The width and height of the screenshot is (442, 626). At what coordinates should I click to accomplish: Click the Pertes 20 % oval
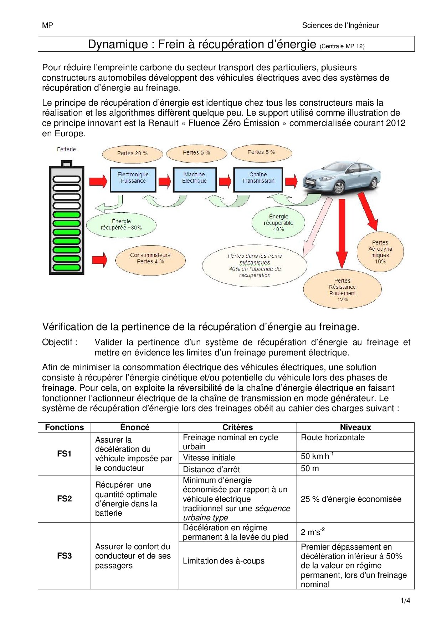tap(132, 153)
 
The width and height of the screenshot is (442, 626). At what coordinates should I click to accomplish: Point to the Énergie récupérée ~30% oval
tap(121, 225)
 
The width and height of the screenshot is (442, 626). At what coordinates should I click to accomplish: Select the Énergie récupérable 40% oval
tap(278, 223)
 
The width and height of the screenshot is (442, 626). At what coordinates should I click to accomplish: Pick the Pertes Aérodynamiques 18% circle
tap(380, 252)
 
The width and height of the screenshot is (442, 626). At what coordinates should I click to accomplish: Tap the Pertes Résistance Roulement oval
tap(342, 289)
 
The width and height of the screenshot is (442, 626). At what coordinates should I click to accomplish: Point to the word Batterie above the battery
tap(66, 150)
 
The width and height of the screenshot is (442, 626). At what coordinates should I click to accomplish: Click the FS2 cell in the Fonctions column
tap(64, 499)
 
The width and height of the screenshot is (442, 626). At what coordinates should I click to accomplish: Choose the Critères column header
tap(237, 427)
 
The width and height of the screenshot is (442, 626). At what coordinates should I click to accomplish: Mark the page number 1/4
tap(405, 601)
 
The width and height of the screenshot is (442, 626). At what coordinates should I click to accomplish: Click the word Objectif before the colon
tap(57, 342)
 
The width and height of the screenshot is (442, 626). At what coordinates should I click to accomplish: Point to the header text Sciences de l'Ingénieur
tap(340, 25)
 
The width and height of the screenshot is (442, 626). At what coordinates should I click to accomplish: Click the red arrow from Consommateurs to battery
tap(99, 260)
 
